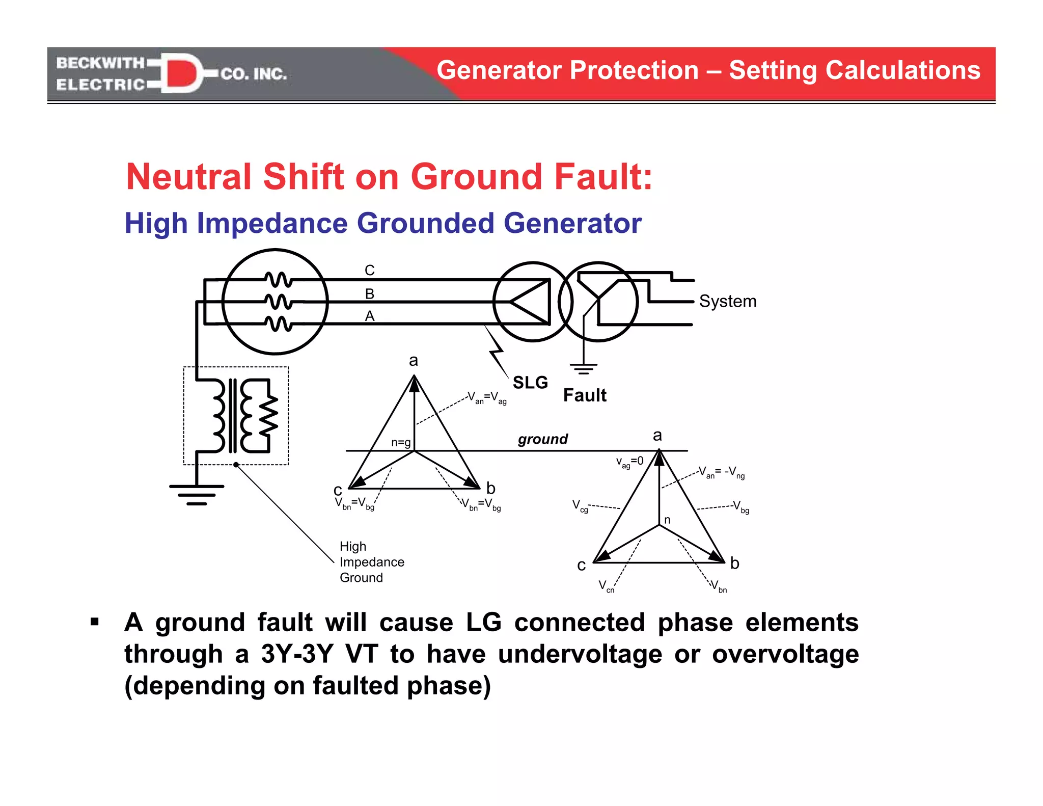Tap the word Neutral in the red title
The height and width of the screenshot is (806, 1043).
coord(188,177)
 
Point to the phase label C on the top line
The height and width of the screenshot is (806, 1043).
coord(370,270)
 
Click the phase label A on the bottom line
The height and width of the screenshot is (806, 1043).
coord(370,316)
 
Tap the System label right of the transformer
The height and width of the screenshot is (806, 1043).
coord(727,301)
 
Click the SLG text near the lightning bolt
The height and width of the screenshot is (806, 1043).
coord(530,382)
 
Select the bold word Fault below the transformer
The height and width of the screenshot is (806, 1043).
coord(584,395)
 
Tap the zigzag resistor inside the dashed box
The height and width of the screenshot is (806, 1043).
coord(268,415)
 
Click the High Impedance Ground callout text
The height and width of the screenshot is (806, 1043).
coord(371,562)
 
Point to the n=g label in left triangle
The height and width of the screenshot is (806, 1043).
coord(401,443)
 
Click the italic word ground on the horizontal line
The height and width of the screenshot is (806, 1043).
coord(542,439)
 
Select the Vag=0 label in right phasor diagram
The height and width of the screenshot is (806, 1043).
coord(629,462)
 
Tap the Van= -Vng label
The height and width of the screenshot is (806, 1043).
coord(721,472)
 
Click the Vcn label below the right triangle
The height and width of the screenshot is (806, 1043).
coord(606,586)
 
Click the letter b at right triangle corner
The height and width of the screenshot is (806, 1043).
coord(734,563)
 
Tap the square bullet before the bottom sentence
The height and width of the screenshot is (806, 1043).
coord(95,622)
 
